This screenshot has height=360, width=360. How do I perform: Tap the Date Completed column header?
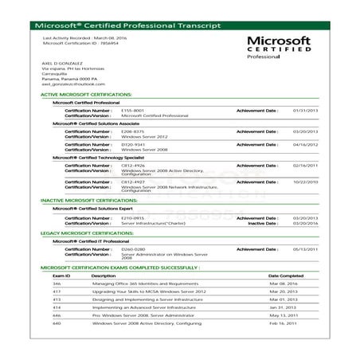286,276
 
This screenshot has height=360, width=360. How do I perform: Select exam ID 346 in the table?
57,284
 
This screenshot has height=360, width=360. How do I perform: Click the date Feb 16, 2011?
283,323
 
